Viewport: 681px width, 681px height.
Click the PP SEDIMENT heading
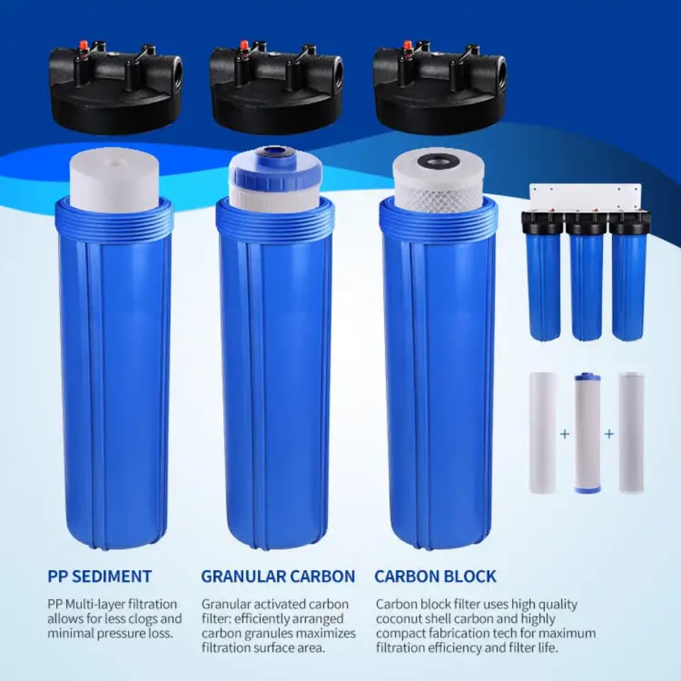pos(99,576)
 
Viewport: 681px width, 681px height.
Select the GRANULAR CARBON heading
pos(277,576)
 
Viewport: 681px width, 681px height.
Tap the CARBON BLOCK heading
pos(435,576)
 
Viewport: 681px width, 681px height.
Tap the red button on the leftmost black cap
pos(83,46)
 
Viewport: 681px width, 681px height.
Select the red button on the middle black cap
pos(244,46)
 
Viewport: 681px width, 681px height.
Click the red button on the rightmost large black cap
pos(407,46)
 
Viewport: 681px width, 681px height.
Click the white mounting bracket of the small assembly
pos(585,197)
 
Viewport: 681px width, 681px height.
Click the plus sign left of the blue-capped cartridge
pos(564,434)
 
